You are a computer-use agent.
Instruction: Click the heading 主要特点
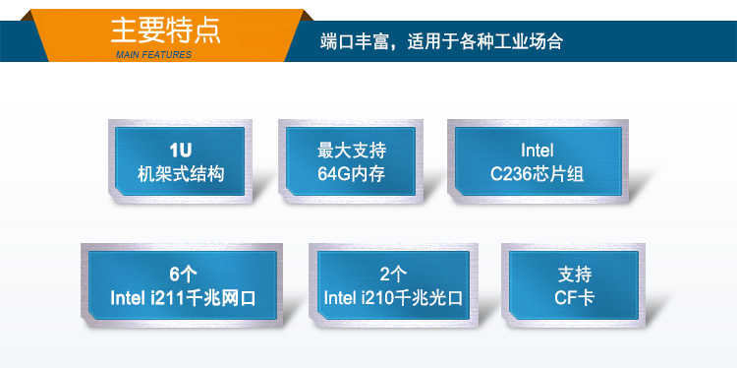coord(165,29)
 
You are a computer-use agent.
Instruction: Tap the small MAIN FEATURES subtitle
coord(153,55)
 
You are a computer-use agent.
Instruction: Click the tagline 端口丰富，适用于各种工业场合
coord(442,42)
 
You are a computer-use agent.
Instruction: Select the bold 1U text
coord(181,151)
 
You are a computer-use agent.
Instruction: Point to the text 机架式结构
coord(181,175)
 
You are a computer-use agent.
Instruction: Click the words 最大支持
coord(352,151)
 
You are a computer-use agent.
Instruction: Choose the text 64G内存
coord(352,175)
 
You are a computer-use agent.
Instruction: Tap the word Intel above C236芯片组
coord(537,151)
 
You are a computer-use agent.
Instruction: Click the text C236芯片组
coord(537,175)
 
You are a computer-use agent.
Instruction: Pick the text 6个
coord(183,273)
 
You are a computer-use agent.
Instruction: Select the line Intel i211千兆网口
coord(183,297)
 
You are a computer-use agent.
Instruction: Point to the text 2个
coord(393,273)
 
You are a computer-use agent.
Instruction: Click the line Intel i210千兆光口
coord(393,297)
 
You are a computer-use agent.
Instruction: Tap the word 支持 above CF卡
coord(574,273)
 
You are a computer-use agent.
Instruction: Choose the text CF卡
coord(574,297)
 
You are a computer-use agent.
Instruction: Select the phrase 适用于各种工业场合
coord(486,42)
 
